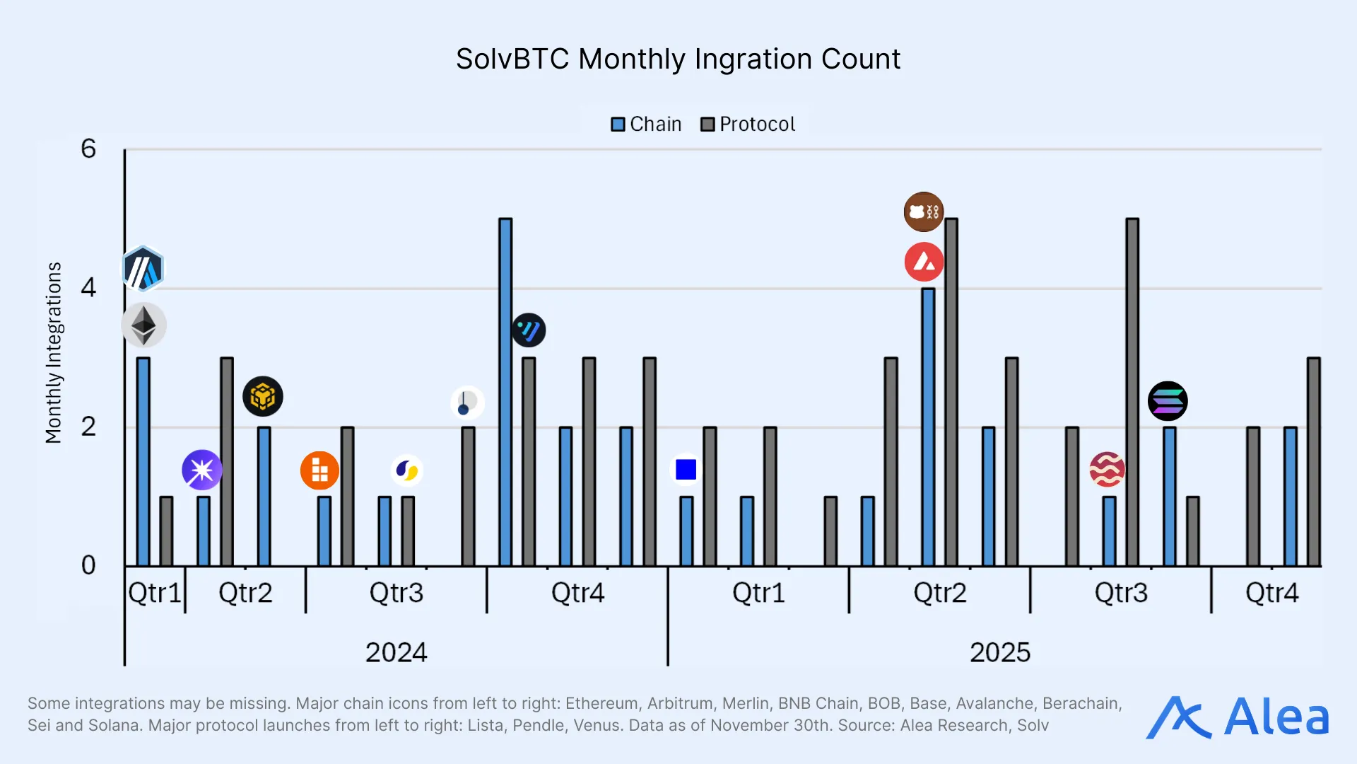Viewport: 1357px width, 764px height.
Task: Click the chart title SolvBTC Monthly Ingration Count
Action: click(x=678, y=59)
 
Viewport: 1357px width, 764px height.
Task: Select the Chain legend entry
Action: click(x=646, y=125)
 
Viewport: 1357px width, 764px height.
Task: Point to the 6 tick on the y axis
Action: click(x=88, y=149)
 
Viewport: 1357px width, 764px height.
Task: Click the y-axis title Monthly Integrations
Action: click(x=54, y=352)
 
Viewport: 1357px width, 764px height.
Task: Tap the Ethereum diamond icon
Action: click(x=143, y=325)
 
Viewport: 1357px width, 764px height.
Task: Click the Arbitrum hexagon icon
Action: click(x=143, y=270)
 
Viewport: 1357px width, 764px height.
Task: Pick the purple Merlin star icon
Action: click(x=202, y=470)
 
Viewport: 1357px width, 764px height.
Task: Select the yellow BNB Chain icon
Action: click(x=263, y=396)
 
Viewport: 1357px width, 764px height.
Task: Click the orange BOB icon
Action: click(x=319, y=470)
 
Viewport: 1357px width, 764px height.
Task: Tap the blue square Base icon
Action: click(x=686, y=470)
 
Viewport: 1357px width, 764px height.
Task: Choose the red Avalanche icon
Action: click(x=924, y=262)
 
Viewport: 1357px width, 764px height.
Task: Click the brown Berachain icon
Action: click(x=924, y=212)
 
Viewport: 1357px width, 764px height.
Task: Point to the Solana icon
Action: click(x=1168, y=401)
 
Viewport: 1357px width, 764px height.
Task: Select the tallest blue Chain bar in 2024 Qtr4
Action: click(x=505, y=393)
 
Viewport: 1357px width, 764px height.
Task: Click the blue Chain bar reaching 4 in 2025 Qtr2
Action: click(x=928, y=427)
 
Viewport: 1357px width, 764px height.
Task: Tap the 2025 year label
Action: click(x=999, y=652)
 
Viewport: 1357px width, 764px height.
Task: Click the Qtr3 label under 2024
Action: click(x=396, y=593)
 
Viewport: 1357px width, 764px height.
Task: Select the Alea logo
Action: click(x=1237, y=717)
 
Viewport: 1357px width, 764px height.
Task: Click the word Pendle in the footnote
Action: click(x=539, y=726)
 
